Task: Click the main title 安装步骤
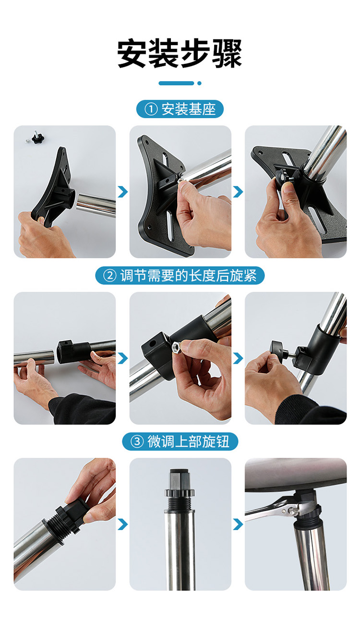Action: [180, 53]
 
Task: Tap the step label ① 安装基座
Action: [180, 109]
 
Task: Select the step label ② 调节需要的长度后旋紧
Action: [180, 275]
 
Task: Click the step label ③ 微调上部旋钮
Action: [180, 441]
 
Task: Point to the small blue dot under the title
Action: [199, 83]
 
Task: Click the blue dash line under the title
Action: [176, 83]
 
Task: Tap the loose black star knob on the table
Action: [37, 138]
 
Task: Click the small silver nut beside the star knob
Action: [27, 140]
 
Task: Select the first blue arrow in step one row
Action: [123, 192]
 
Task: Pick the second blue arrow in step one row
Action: [238, 192]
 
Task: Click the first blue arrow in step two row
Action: [123, 358]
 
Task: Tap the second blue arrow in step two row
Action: [238, 358]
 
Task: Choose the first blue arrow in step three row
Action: [123, 524]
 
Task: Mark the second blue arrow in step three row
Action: [238, 524]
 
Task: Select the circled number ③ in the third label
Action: [137, 441]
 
